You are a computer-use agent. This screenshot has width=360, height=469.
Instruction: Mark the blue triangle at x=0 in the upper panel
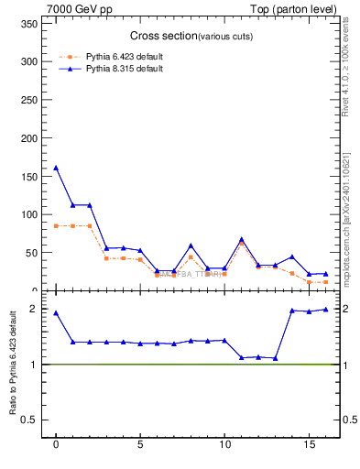click(56, 168)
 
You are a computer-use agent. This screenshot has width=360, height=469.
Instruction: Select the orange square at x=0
click(56, 225)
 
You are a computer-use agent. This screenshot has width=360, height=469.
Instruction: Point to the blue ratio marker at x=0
click(56, 312)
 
